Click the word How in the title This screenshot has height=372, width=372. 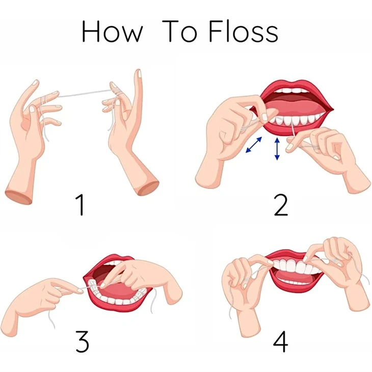point(112,32)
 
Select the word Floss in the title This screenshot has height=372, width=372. point(244,31)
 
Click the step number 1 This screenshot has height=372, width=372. point(80,204)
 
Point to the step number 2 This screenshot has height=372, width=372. point(281,205)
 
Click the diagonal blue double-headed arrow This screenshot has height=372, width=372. point(254,145)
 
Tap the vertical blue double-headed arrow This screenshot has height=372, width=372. point(277,149)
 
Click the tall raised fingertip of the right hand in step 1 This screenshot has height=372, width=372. point(138,73)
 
